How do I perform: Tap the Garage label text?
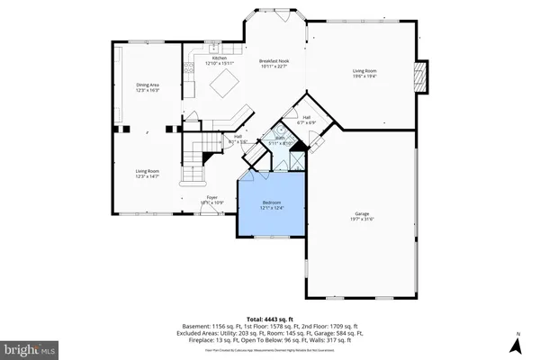(362, 213)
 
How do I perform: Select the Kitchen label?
(219, 58)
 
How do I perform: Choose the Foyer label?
(212, 196)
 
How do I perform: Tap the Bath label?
(279, 138)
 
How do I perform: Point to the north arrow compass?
(518, 342)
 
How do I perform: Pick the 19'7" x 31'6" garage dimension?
(362, 219)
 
